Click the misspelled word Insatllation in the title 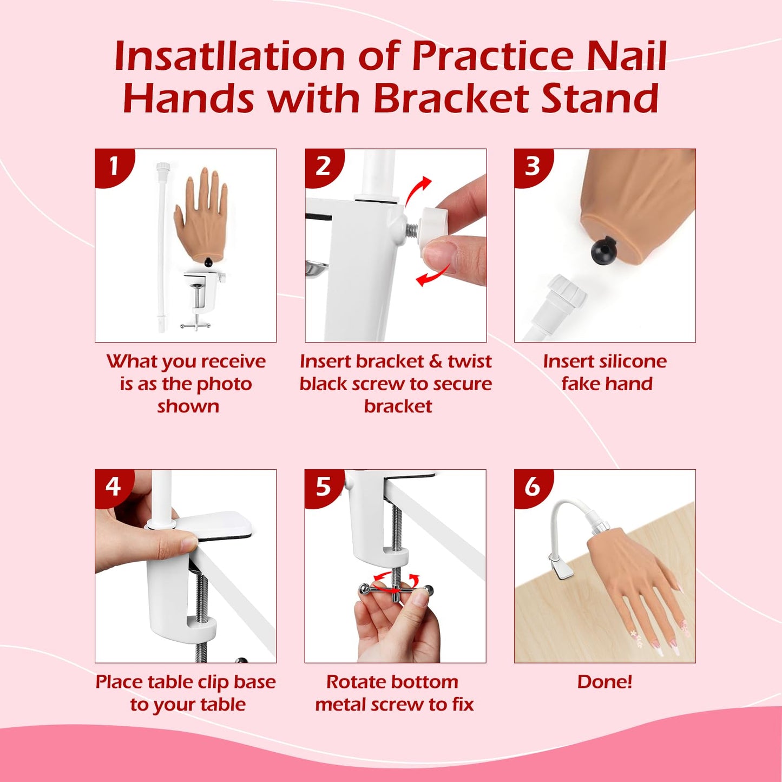tap(229, 56)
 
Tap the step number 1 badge tap(113, 166)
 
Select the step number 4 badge tap(113, 487)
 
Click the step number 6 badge tap(532, 487)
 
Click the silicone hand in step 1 tap(201, 216)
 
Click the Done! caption tap(604, 681)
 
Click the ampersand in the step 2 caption tap(436, 361)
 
